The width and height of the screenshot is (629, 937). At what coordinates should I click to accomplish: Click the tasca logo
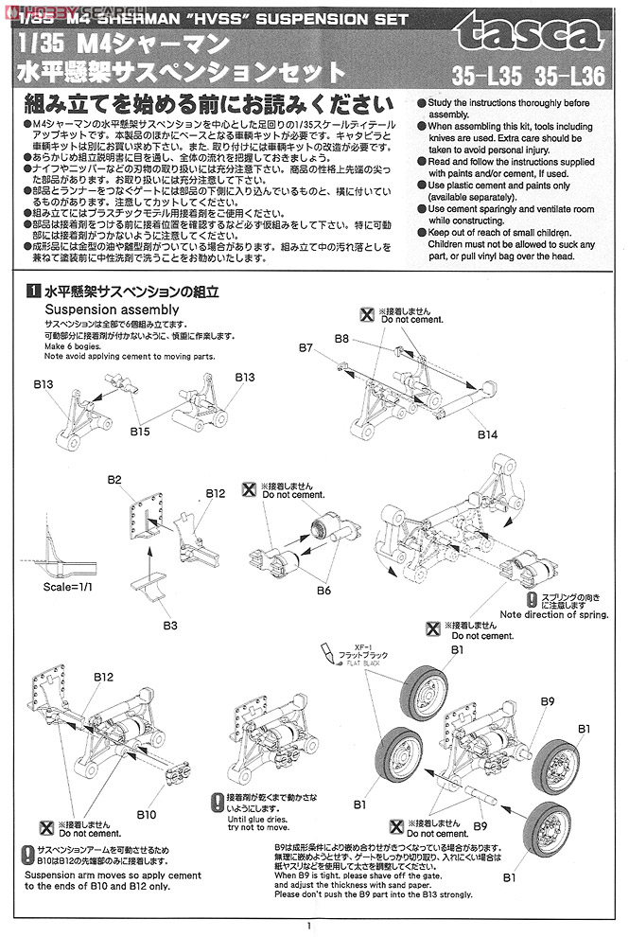(x=530, y=38)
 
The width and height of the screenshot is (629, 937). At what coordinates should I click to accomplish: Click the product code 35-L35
(x=482, y=75)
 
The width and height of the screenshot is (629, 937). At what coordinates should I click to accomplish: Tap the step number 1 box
(x=32, y=292)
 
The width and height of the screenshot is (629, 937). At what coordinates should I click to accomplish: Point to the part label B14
(x=487, y=433)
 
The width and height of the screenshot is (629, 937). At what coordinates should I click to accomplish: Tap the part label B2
(x=114, y=480)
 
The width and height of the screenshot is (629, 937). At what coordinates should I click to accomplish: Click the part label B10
(x=146, y=813)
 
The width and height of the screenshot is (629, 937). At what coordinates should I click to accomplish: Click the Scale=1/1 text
(x=70, y=588)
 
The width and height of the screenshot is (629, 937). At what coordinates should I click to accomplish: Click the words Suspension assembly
(x=112, y=309)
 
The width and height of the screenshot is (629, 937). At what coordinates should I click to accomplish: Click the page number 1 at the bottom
(x=309, y=928)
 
